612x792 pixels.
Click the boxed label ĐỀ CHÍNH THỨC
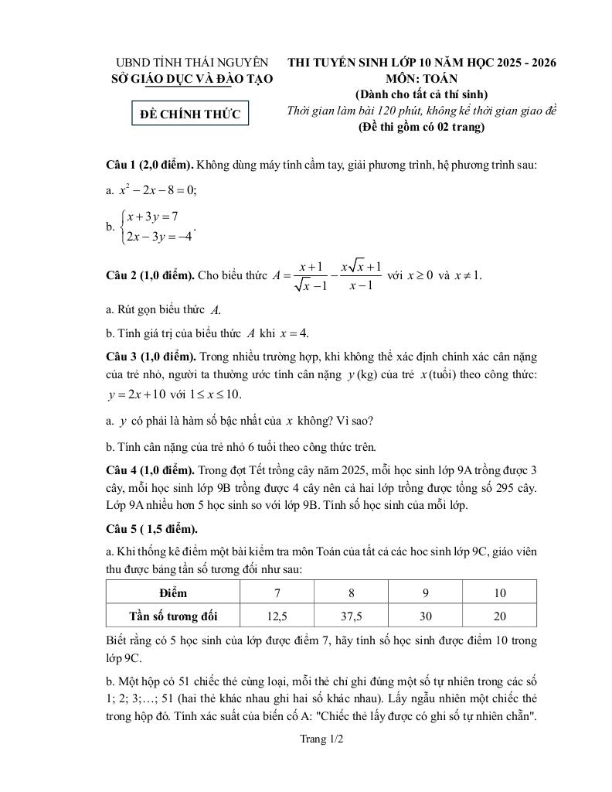coord(190,114)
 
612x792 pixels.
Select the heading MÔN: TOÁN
coord(421,78)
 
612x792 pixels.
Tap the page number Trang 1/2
coord(321,739)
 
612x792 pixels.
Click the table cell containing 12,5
coord(277,616)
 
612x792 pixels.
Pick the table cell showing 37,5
coord(351,616)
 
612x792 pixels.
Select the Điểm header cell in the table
coord(173,593)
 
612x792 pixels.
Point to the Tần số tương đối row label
coord(173,616)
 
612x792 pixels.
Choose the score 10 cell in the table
coord(500,593)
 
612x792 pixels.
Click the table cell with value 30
coord(425,616)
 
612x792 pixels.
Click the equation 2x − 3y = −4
coord(158,236)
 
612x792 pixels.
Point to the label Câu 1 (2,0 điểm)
coord(150,165)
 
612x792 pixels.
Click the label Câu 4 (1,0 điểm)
coord(150,469)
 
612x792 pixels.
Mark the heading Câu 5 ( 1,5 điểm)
coord(151,529)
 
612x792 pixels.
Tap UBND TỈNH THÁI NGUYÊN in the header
coord(192,63)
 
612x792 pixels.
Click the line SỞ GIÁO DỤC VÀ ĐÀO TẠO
coord(192,78)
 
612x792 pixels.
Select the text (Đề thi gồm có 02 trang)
coord(421,127)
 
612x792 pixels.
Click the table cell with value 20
coord(500,616)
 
